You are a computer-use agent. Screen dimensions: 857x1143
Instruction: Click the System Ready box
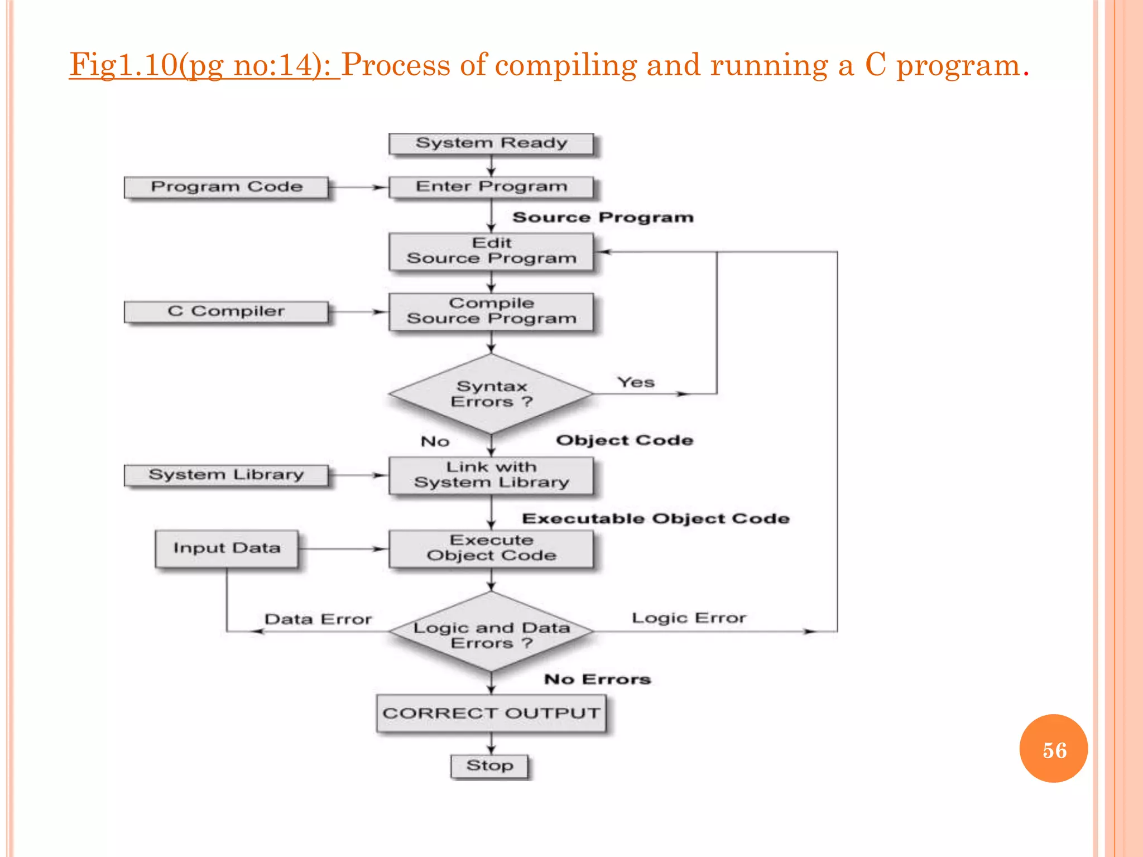coord(491,143)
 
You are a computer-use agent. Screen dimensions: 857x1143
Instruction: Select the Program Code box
coord(226,187)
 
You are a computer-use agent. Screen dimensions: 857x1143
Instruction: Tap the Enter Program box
coord(491,187)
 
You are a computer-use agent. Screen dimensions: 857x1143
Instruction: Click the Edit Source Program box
coord(491,251)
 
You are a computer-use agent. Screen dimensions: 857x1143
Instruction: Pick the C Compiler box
coord(226,311)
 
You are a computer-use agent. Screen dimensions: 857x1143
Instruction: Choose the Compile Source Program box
coord(491,311)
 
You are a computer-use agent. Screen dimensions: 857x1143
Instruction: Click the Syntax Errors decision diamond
coord(491,394)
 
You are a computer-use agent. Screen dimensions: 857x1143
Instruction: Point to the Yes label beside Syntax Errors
coord(636,383)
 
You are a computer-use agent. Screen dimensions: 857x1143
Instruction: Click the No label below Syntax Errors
coord(435,442)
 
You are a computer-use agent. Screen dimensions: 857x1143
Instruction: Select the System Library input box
coord(226,475)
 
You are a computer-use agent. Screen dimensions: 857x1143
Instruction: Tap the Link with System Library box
coord(491,475)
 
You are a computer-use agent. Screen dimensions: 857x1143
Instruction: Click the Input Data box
coord(226,548)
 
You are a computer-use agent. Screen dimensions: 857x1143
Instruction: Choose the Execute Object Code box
coord(491,548)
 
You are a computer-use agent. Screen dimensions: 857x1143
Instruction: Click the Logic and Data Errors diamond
coord(491,633)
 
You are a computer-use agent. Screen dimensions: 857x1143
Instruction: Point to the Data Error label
coord(318,619)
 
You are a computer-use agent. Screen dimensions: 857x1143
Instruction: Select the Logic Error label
coord(689,618)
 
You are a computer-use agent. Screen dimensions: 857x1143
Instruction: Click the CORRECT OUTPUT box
coord(491,713)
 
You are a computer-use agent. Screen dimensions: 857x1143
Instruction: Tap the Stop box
coord(489,765)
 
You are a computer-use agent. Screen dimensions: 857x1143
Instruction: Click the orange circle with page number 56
coord(1053,749)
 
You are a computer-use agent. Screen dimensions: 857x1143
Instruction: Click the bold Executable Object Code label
coord(656,519)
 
